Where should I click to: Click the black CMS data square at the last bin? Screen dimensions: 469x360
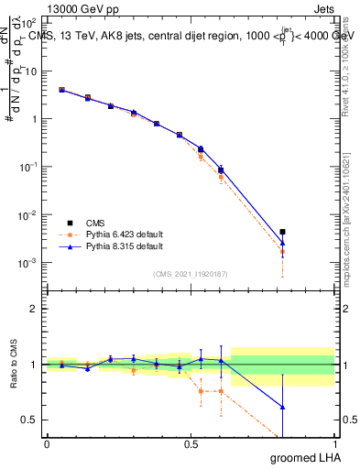point(283,232)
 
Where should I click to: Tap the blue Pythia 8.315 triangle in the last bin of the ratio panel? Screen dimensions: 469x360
point(283,407)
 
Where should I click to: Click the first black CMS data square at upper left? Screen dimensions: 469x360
point(61,90)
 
